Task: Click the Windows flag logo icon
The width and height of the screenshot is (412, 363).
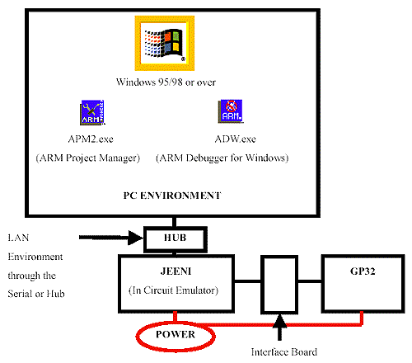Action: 165,43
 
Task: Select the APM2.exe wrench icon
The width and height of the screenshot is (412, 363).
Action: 92,112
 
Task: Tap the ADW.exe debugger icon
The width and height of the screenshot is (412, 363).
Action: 231,111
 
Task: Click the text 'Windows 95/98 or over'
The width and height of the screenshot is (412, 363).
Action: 166,82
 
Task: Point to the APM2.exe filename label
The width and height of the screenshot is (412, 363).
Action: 91,139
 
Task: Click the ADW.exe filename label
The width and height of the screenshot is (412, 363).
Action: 236,139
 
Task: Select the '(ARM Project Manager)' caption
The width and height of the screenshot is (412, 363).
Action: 88,158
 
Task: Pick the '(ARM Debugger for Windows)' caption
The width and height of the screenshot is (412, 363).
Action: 222,158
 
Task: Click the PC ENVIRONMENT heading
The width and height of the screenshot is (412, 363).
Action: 172,196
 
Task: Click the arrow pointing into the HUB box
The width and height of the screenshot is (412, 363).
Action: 111,238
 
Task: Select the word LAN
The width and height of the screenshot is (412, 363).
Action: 18,238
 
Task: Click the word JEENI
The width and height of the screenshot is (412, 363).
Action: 176,271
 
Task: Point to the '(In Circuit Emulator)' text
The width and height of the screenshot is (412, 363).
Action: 174,290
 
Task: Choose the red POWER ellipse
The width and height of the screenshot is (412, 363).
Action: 138,336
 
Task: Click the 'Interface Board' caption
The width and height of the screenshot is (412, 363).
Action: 284,352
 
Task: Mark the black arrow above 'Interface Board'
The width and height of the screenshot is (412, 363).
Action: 279,328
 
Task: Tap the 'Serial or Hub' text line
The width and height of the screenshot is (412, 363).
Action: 36,294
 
